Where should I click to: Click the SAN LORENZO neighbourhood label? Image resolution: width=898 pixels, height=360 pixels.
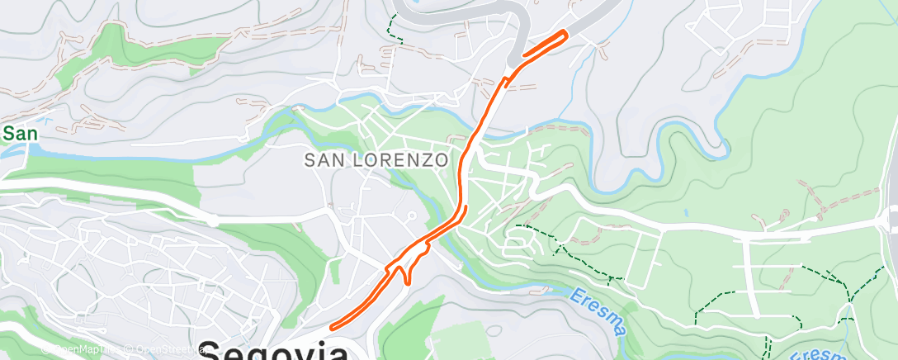click(376, 160)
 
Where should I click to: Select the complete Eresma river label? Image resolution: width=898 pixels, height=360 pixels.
click(597, 310)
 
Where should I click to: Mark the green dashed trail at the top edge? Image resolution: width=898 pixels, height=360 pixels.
click(392, 25)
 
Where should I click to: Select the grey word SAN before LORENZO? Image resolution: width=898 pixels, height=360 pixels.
click(322, 160)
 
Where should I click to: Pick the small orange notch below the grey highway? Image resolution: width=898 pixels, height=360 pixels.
click(507, 80)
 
